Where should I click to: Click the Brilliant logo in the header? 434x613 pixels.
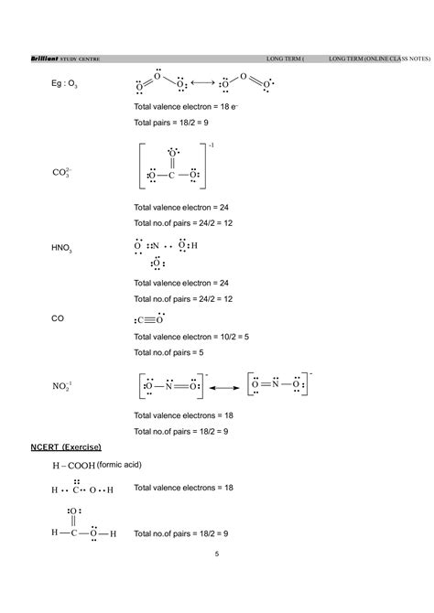click(x=45, y=60)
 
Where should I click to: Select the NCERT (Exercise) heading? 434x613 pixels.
click(x=66, y=446)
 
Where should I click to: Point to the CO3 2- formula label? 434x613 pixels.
click(x=66, y=171)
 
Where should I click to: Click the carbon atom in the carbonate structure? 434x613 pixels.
click(x=171, y=174)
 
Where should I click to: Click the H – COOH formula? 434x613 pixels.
click(x=74, y=466)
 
